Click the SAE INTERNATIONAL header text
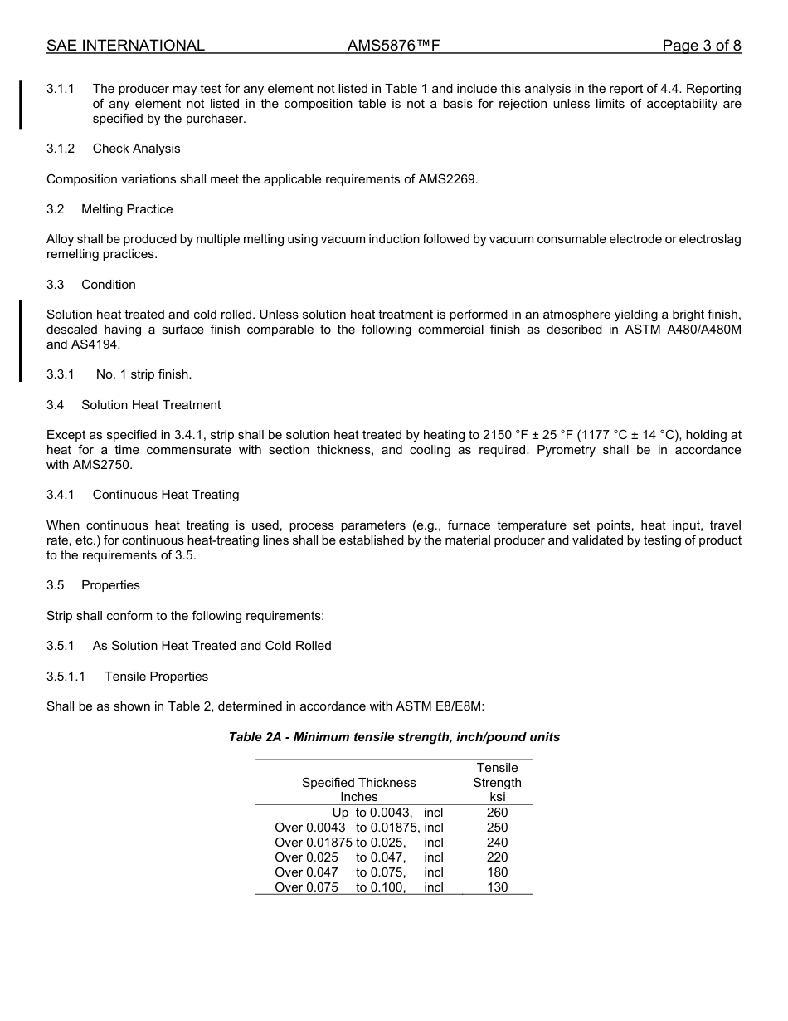pyautogui.click(x=125, y=46)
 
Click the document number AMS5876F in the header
pyautogui.click(x=393, y=46)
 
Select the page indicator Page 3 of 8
pyautogui.click(x=701, y=46)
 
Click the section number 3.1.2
pyautogui.click(x=61, y=149)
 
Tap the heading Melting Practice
pyautogui.click(x=127, y=209)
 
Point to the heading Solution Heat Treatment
pyautogui.click(x=151, y=405)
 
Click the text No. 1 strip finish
pyautogui.click(x=143, y=374)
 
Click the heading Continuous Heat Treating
pyautogui.click(x=166, y=495)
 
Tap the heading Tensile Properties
pyautogui.click(x=156, y=677)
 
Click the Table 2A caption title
pyautogui.click(x=394, y=737)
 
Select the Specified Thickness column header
pyautogui.click(x=359, y=783)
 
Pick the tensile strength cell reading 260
pyautogui.click(x=497, y=813)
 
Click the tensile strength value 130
pyautogui.click(x=497, y=887)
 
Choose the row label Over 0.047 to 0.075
pyautogui.click(x=358, y=872)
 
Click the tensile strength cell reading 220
pyautogui.click(x=497, y=857)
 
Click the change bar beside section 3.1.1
pyautogui.click(x=22, y=104)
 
